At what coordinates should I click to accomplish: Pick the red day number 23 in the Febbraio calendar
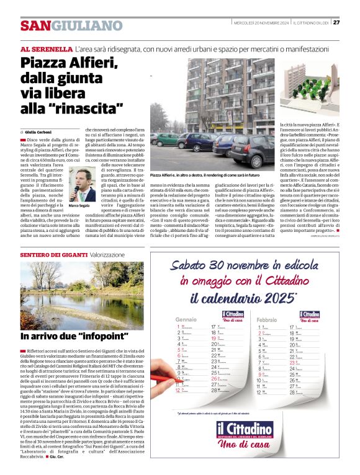(292, 362)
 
